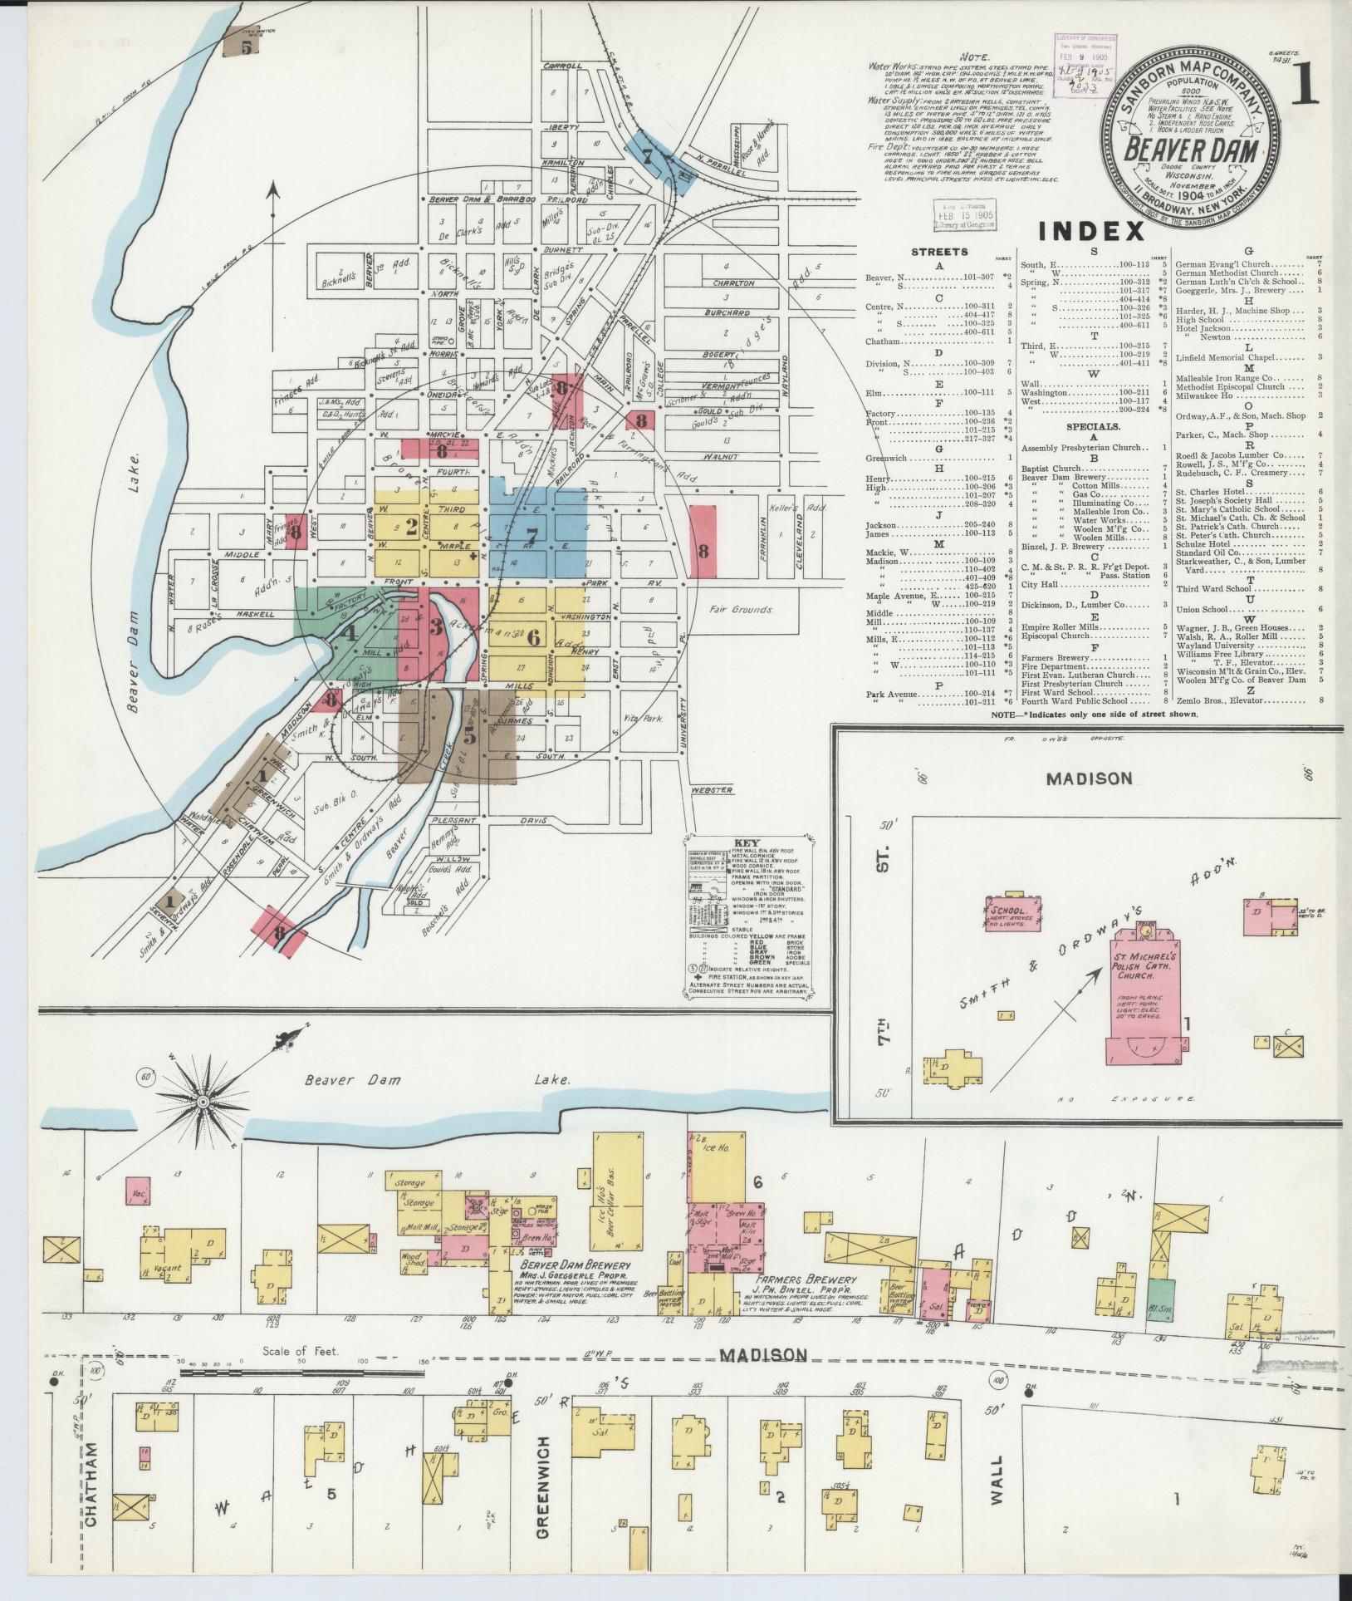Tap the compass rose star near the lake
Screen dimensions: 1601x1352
point(202,1103)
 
